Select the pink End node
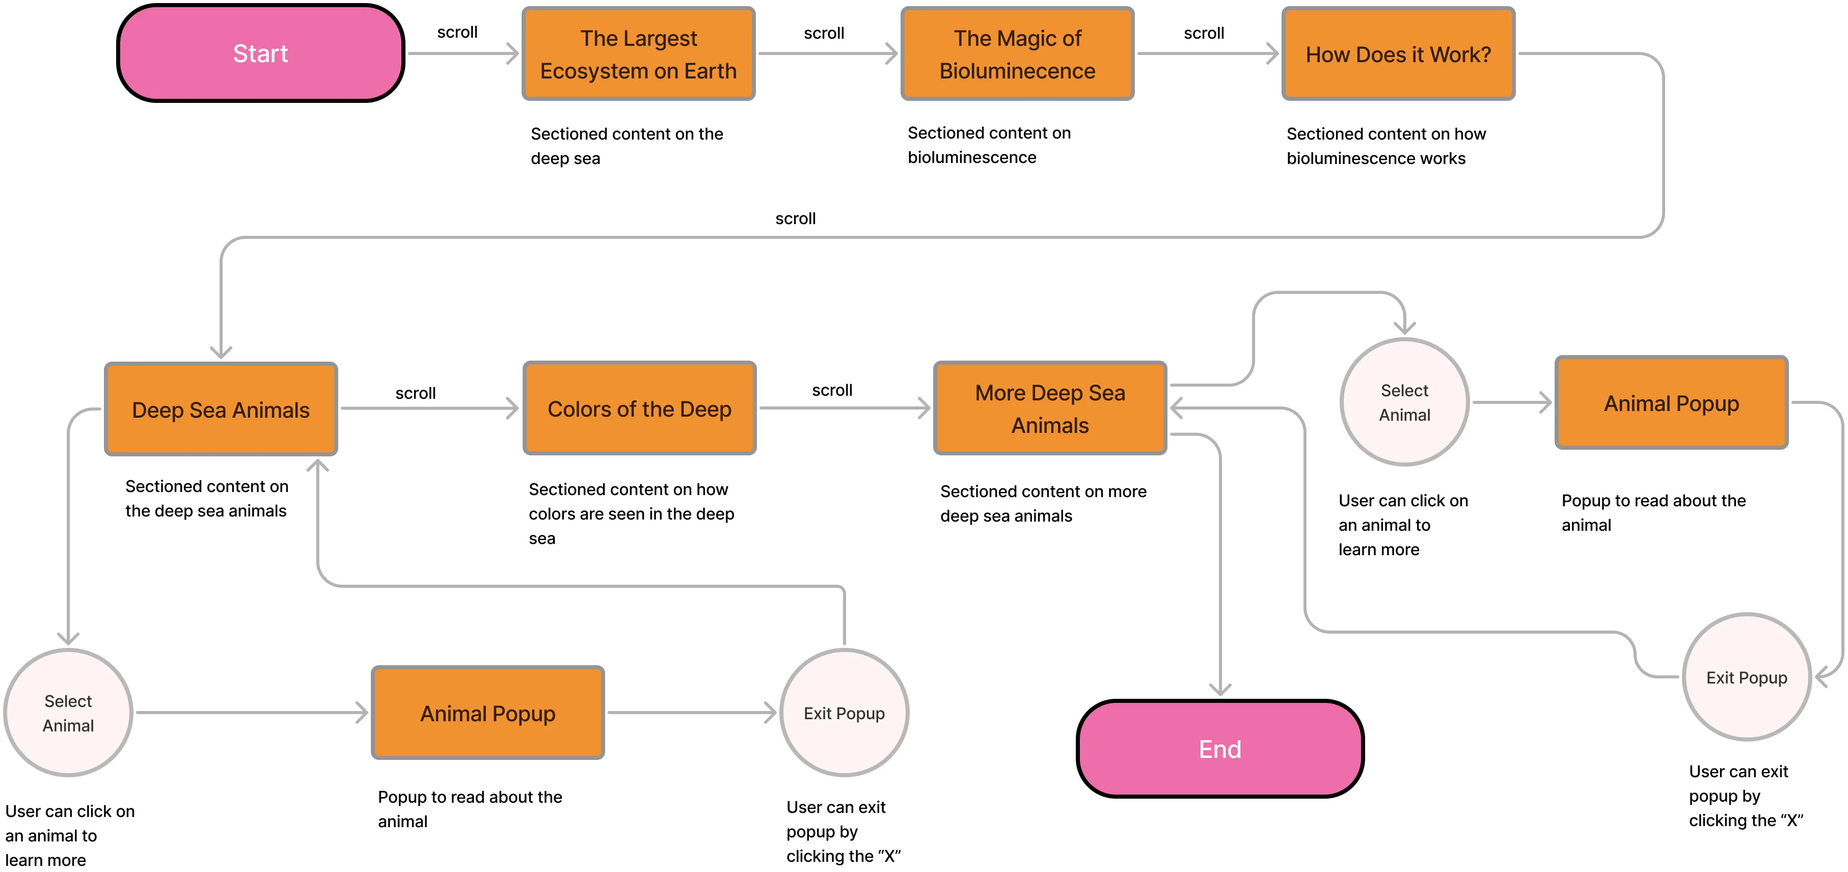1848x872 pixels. click(1219, 749)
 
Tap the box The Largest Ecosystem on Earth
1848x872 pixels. click(638, 54)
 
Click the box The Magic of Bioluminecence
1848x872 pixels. click(1017, 54)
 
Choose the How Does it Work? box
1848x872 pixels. click(1398, 54)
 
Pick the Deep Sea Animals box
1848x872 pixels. click(221, 410)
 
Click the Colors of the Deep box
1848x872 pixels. click(639, 408)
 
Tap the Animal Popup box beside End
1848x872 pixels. click(488, 713)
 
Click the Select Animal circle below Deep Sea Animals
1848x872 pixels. click(68, 713)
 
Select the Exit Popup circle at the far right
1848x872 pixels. click(1746, 677)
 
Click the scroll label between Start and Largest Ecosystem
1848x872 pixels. click(457, 32)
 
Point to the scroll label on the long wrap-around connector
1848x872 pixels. click(795, 219)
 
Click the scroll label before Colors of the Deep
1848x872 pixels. click(415, 393)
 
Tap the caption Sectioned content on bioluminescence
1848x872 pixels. click(989, 145)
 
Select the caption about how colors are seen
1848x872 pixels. click(631, 513)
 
